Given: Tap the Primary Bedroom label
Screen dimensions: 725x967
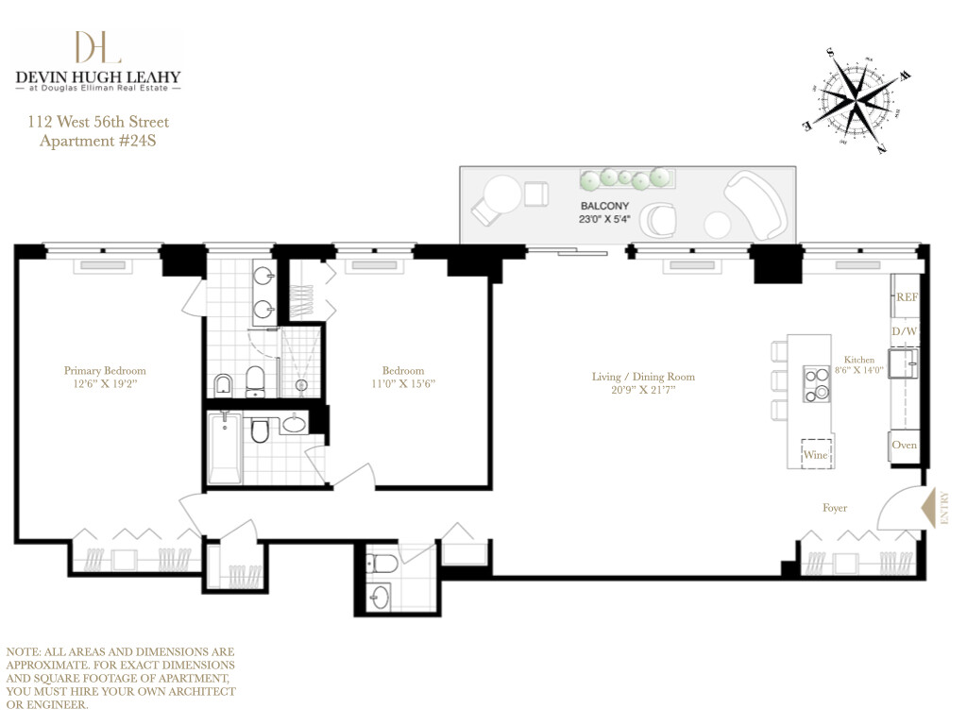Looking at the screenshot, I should (x=105, y=371).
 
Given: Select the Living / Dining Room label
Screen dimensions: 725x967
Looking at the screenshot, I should (x=643, y=377).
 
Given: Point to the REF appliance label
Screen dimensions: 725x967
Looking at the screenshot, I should (x=907, y=296).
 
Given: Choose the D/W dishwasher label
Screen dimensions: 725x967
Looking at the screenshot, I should (x=904, y=331).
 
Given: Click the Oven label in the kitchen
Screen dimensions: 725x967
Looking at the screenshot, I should (x=904, y=445).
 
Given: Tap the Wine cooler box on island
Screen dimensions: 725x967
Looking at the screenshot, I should (x=816, y=455).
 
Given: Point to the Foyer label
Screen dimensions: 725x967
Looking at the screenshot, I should (x=834, y=508).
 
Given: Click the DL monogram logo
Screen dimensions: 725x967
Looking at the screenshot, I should (x=97, y=47).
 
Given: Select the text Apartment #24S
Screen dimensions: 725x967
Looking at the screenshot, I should (x=92, y=143).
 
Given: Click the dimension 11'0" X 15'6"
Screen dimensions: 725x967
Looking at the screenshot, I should (x=403, y=384).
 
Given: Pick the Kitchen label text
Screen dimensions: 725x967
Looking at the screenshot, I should (x=858, y=360).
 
